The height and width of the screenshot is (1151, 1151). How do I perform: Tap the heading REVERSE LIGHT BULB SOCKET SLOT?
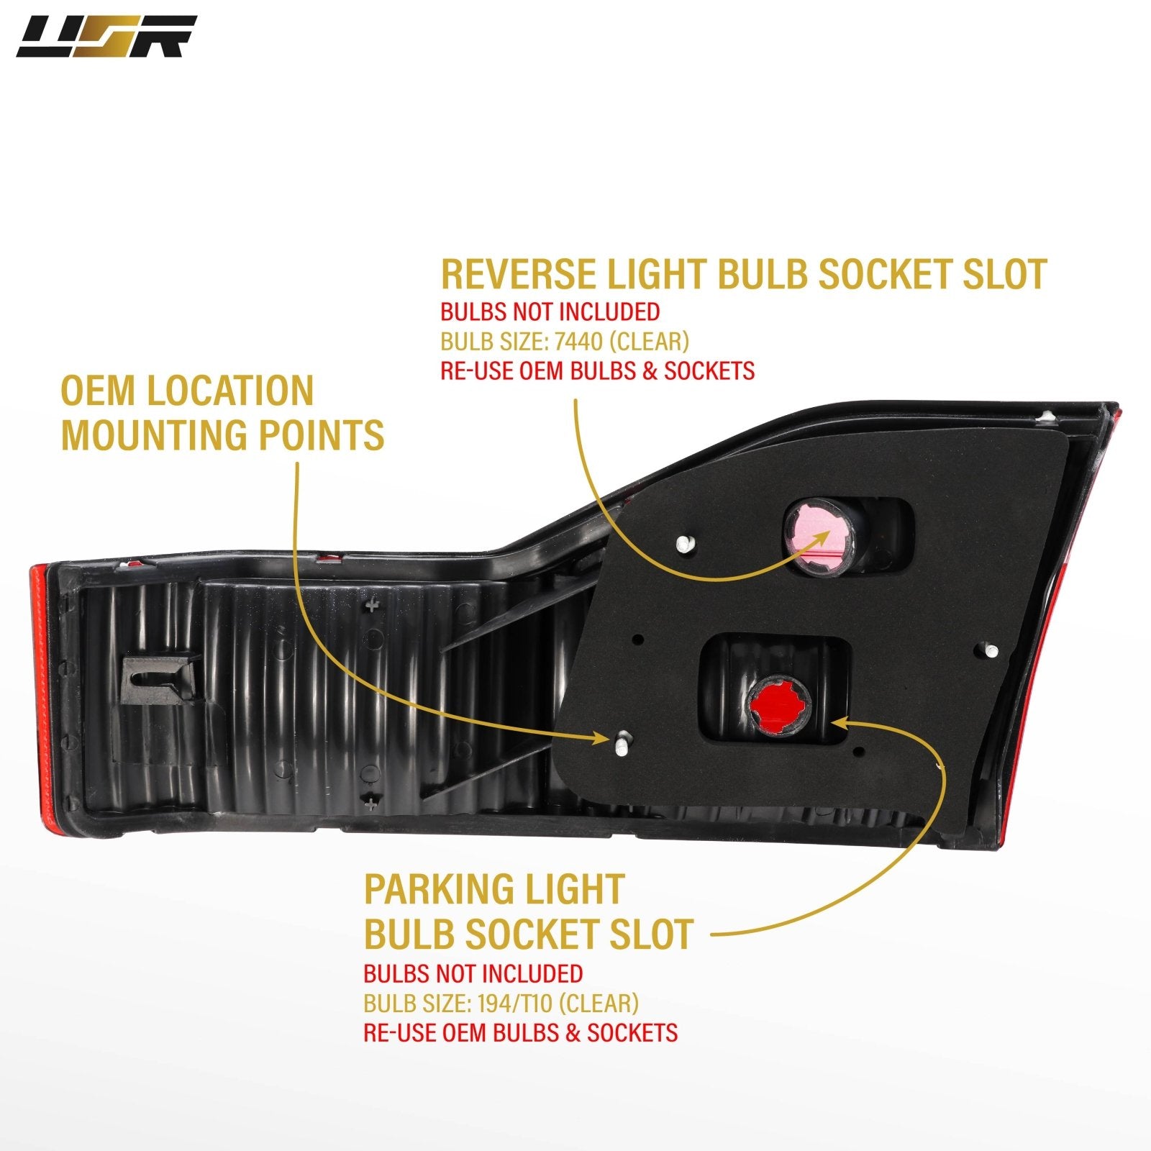click(x=743, y=274)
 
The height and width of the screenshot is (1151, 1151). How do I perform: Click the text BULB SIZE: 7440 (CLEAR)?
click(x=565, y=341)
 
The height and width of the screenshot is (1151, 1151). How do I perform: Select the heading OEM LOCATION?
click(x=187, y=391)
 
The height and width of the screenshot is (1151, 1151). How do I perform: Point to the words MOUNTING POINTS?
click(x=222, y=435)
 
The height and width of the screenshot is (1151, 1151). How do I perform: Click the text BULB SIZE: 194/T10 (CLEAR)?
click(x=501, y=1003)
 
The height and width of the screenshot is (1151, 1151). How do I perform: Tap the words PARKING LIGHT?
click(x=493, y=889)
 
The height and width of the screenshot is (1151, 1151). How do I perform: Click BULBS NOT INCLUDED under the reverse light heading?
click(x=550, y=311)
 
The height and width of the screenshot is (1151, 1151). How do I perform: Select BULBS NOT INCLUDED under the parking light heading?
click(x=473, y=973)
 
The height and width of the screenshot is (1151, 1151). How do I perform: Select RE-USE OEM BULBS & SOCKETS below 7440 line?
click(x=597, y=370)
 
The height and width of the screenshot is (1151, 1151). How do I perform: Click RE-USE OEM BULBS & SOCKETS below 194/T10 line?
click(x=520, y=1032)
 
